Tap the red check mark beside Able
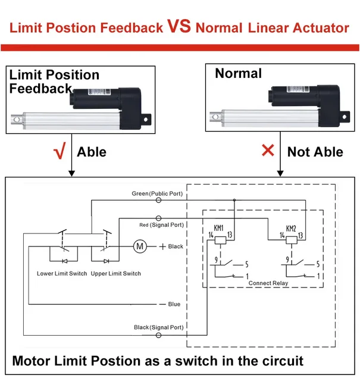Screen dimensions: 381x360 (59, 152)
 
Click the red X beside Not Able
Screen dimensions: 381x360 (268, 151)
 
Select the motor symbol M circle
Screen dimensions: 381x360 (140, 246)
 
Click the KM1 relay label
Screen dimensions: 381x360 (218, 228)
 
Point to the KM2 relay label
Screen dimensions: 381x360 (290, 228)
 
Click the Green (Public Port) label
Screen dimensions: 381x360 (157, 194)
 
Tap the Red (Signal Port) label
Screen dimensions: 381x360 (161, 225)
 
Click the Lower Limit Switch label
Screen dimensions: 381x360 (62, 274)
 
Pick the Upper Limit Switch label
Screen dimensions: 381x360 (116, 274)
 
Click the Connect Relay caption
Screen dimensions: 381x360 (267, 283)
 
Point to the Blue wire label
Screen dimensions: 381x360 (174, 304)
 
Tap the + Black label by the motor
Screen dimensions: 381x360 (171, 246)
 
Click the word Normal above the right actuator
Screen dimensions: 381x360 (238, 74)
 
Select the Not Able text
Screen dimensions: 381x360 (315, 152)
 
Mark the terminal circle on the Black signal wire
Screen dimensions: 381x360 (158, 335)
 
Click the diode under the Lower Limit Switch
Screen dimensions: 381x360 (64, 261)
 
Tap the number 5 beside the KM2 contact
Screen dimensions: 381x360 (319, 264)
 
